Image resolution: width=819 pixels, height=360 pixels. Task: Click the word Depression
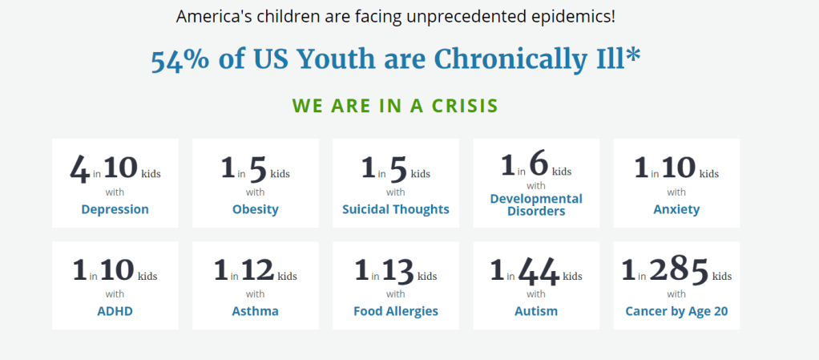(x=115, y=209)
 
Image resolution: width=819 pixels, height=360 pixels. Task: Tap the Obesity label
(x=256, y=209)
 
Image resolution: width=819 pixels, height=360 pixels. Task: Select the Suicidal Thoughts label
(x=396, y=209)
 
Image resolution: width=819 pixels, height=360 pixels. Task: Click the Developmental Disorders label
(x=536, y=204)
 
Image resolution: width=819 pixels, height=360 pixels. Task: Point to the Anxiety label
(x=676, y=209)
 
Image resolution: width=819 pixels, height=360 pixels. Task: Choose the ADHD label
(x=115, y=311)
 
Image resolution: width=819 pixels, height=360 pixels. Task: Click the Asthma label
(x=256, y=311)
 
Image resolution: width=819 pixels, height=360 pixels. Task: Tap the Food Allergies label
(x=396, y=311)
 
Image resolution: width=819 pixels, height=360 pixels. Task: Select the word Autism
(x=536, y=311)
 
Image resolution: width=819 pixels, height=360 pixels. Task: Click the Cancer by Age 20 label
(x=676, y=311)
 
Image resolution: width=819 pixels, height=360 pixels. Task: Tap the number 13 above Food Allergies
(x=398, y=271)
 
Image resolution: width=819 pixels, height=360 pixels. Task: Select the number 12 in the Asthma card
(x=257, y=270)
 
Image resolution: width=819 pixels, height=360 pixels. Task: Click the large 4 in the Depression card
(x=80, y=169)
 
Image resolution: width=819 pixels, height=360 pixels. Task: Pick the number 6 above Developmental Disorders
(x=538, y=164)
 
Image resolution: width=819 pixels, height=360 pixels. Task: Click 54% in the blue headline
(x=180, y=61)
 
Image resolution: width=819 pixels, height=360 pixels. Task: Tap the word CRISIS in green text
(x=465, y=106)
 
